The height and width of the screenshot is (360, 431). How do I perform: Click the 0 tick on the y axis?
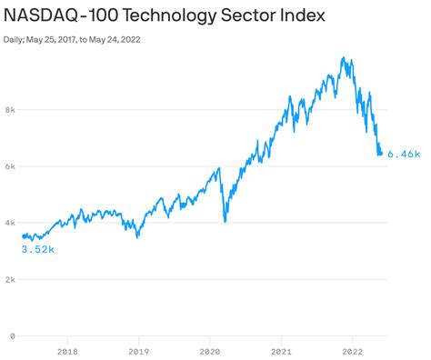click(x=13, y=335)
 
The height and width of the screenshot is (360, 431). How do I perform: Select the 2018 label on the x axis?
click(x=66, y=351)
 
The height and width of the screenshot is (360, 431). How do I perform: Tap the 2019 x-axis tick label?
click(x=138, y=351)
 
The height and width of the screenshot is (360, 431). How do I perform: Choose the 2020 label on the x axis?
click(x=209, y=351)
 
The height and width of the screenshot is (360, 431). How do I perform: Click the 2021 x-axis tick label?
click(x=281, y=351)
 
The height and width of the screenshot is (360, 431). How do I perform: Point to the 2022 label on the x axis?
click(x=353, y=351)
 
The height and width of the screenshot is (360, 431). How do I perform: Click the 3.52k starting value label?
click(x=37, y=248)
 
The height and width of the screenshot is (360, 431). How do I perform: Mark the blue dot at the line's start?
click(x=24, y=236)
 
